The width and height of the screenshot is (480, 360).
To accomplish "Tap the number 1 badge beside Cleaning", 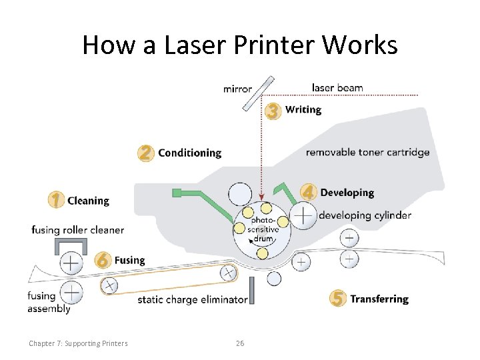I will pyautogui.click(x=57, y=199).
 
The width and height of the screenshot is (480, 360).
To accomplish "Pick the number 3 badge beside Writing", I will pyautogui.click(x=273, y=111).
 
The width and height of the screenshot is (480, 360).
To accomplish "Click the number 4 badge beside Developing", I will pyautogui.click(x=308, y=193).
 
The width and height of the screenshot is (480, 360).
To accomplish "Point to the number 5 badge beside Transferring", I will pyautogui.click(x=338, y=299).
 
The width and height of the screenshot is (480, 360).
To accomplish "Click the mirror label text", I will pyautogui.click(x=237, y=89).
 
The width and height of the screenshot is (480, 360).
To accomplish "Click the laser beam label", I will pyautogui.click(x=337, y=88).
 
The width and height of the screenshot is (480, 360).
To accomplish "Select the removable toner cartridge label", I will pyautogui.click(x=367, y=153).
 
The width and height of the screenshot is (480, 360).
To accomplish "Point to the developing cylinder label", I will pyautogui.click(x=365, y=215).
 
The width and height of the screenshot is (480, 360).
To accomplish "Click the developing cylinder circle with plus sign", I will pyautogui.click(x=304, y=215).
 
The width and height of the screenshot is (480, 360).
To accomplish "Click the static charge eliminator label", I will pyautogui.click(x=192, y=300).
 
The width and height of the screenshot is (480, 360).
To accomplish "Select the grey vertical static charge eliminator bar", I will pyautogui.click(x=252, y=291).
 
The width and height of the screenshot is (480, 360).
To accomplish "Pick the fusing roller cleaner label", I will pyautogui.click(x=77, y=230).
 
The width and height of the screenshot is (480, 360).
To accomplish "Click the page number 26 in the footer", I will pyautogui.click(x=240, y=343).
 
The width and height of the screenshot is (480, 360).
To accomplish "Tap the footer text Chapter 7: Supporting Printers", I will pyautogui.click(x=78, y=343).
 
